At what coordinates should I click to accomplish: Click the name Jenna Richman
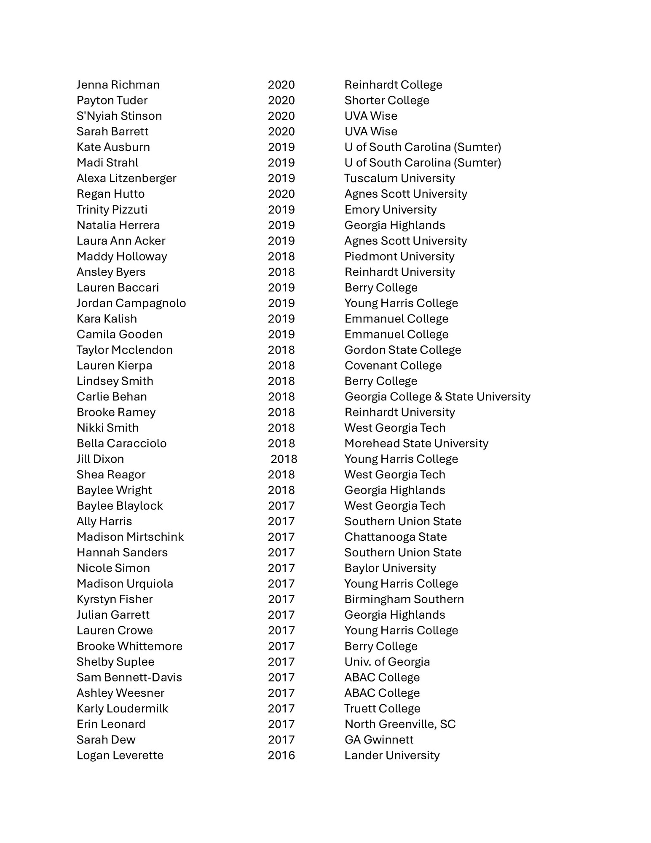pyautogui.click(x=118, y=85)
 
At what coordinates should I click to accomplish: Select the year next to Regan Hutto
pyautogui.click(x=281, y=194)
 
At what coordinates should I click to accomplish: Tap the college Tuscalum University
pyautogui.click(x=399, y=178)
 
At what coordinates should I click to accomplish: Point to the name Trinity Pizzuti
pyautogui.click(x=112, y=209)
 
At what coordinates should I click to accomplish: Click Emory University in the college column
pyautogui.click(x=390, y=209)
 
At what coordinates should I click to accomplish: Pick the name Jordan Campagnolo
pyautogui.click(x=131, y=303)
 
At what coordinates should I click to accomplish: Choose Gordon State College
pyautogui.click(x=402, y=350)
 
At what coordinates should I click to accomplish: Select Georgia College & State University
pyautogui.click(x=437, y=397)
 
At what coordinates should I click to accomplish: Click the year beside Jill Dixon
pyautogui.click(x=284, y=459)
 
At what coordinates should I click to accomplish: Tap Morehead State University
pyautogui.click(x=416, y=443)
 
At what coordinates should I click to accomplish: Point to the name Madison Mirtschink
pyautogui.click(x=130, y=537)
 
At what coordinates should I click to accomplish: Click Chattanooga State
pyautogui.click(x=395, y=537)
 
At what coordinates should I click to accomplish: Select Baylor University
pyautogui.click(x=390, y=568)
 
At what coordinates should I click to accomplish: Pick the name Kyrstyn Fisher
pyautogui.click(x=115, y=599)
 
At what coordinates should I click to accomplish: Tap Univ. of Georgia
pyautogui.click(x=387, y=662)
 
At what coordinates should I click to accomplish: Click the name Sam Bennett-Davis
pyautogui.click(x=129, y=677)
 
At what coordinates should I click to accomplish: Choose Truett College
pyautogui.click(x=382, y=709)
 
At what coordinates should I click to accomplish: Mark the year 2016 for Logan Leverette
pyautogui.click(x=281, y=755)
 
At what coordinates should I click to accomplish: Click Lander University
pyautogui.click(x=392, y=755)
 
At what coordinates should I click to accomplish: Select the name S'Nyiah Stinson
pyautogui.click(x=119, y=116)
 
